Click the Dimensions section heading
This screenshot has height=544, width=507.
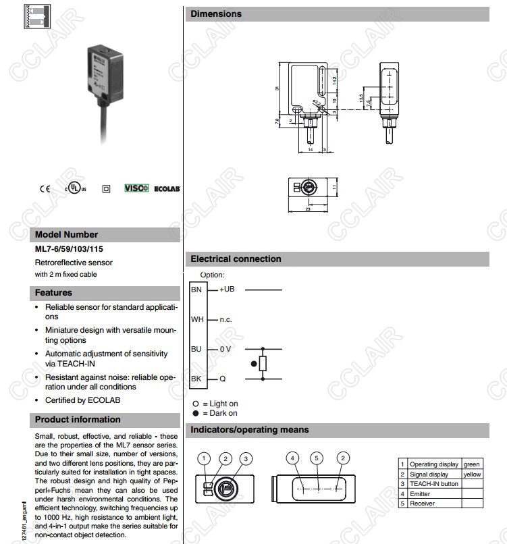(x=216, y=13)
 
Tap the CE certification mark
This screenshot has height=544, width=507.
(x=45, y=189)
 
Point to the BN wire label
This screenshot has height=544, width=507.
(x=196, y=289)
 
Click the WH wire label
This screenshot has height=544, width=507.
(x=196, y=319)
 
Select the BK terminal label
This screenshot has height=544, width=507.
(x=196, y=379)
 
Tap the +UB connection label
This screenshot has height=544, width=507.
(x=227, y=289)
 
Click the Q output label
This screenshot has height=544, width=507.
(x=222, y=379)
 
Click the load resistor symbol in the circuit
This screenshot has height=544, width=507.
(x=263, y=364)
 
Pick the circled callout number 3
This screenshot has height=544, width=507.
(x=247, y=458)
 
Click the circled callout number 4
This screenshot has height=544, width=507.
(x=293, y=458)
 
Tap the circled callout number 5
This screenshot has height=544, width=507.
(x=318, y=458)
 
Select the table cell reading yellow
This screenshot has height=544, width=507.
(x=472, y=474)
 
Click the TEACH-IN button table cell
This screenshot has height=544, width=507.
(x=433, y=484)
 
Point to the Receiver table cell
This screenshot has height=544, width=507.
(x=422, y=504)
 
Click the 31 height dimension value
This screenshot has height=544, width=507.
(x=277, y=88)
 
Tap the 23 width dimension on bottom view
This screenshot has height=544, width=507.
(x=308, y=209)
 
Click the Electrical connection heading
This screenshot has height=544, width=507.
(x=236, y=259)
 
